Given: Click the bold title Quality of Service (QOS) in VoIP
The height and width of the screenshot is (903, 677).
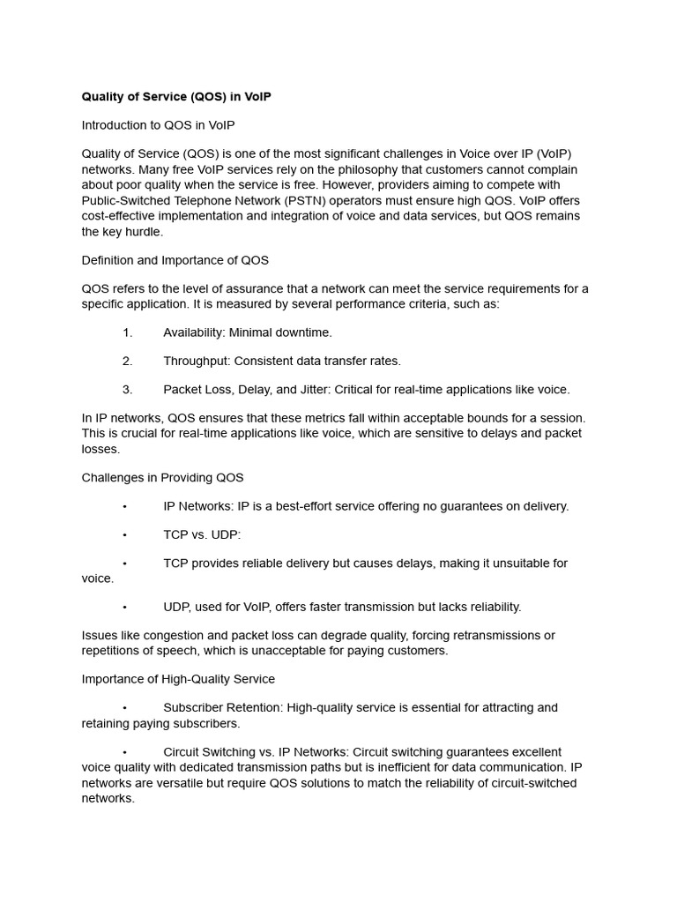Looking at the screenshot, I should (176, 97).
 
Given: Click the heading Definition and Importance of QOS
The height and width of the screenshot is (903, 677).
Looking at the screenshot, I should (175, 260).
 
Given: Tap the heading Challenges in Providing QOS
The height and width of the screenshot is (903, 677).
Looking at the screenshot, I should (162, 478).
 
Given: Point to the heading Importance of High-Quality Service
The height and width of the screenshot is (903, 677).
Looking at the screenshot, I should (178, 679).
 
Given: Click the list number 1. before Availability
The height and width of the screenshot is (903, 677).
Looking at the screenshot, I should (127, 332).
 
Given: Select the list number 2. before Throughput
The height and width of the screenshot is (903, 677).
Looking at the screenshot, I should (127, 361).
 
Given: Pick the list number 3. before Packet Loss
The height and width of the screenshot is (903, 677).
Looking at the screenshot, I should (127, 389).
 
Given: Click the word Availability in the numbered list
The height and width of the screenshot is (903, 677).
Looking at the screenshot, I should (193, 332).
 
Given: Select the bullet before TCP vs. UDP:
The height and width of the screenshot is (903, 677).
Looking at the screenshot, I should (125, 534).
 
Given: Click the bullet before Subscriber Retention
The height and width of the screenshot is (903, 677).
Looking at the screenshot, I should (125, 707).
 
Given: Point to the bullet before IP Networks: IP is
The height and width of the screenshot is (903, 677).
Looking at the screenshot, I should (125, 506).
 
